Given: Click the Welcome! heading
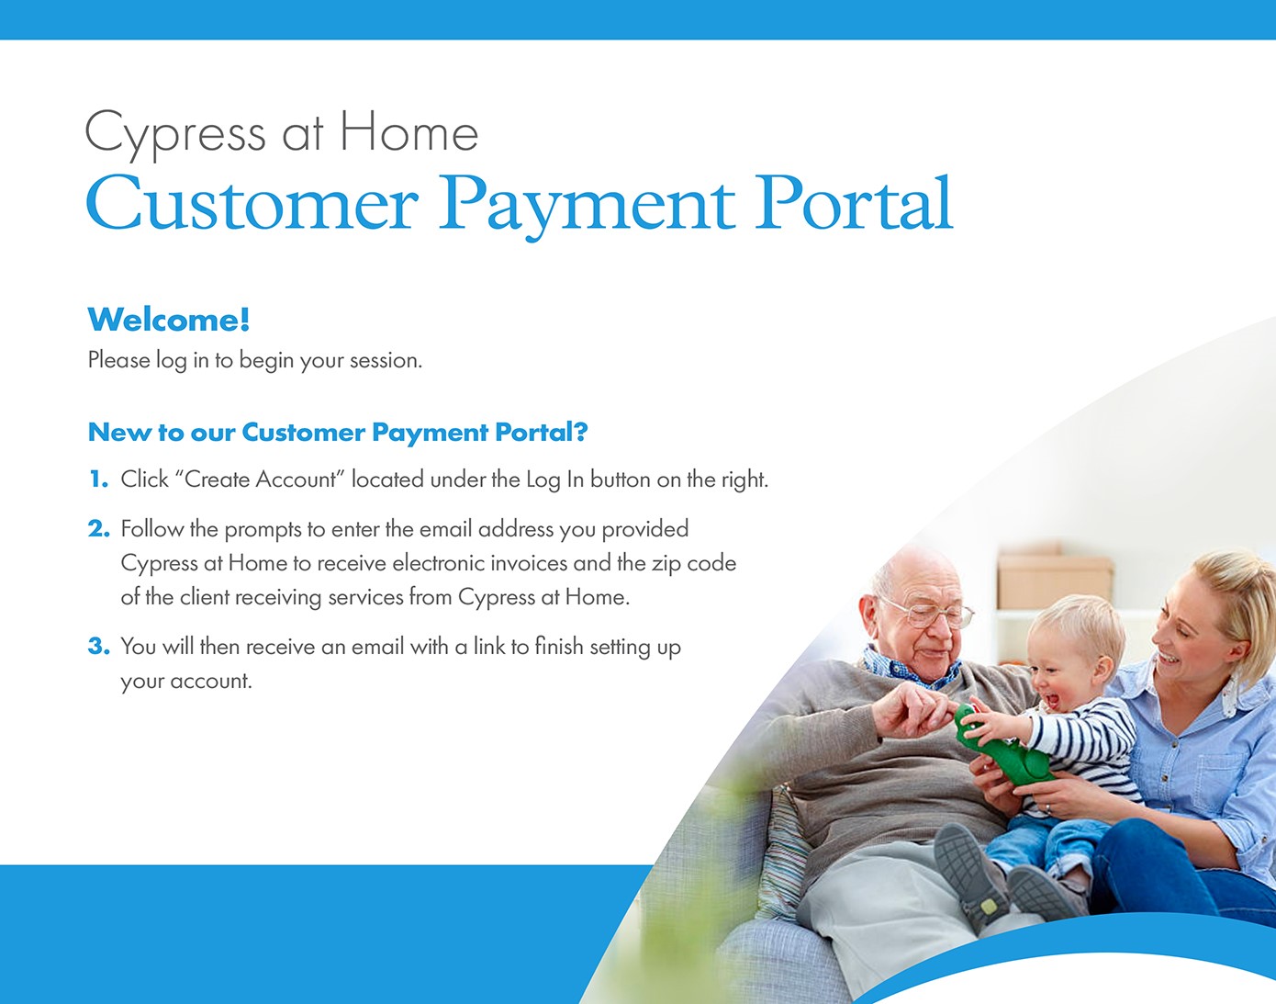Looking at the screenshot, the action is pos(169,321).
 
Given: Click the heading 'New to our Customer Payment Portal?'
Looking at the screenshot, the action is pos(338,432).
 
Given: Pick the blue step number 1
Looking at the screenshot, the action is pos(98,479).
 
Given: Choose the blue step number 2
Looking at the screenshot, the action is pos(99,529).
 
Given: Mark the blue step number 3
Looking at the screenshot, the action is pos(99,646).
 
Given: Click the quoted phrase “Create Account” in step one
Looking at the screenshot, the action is pos(260,479).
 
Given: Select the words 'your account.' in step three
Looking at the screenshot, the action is pos(186,682).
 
